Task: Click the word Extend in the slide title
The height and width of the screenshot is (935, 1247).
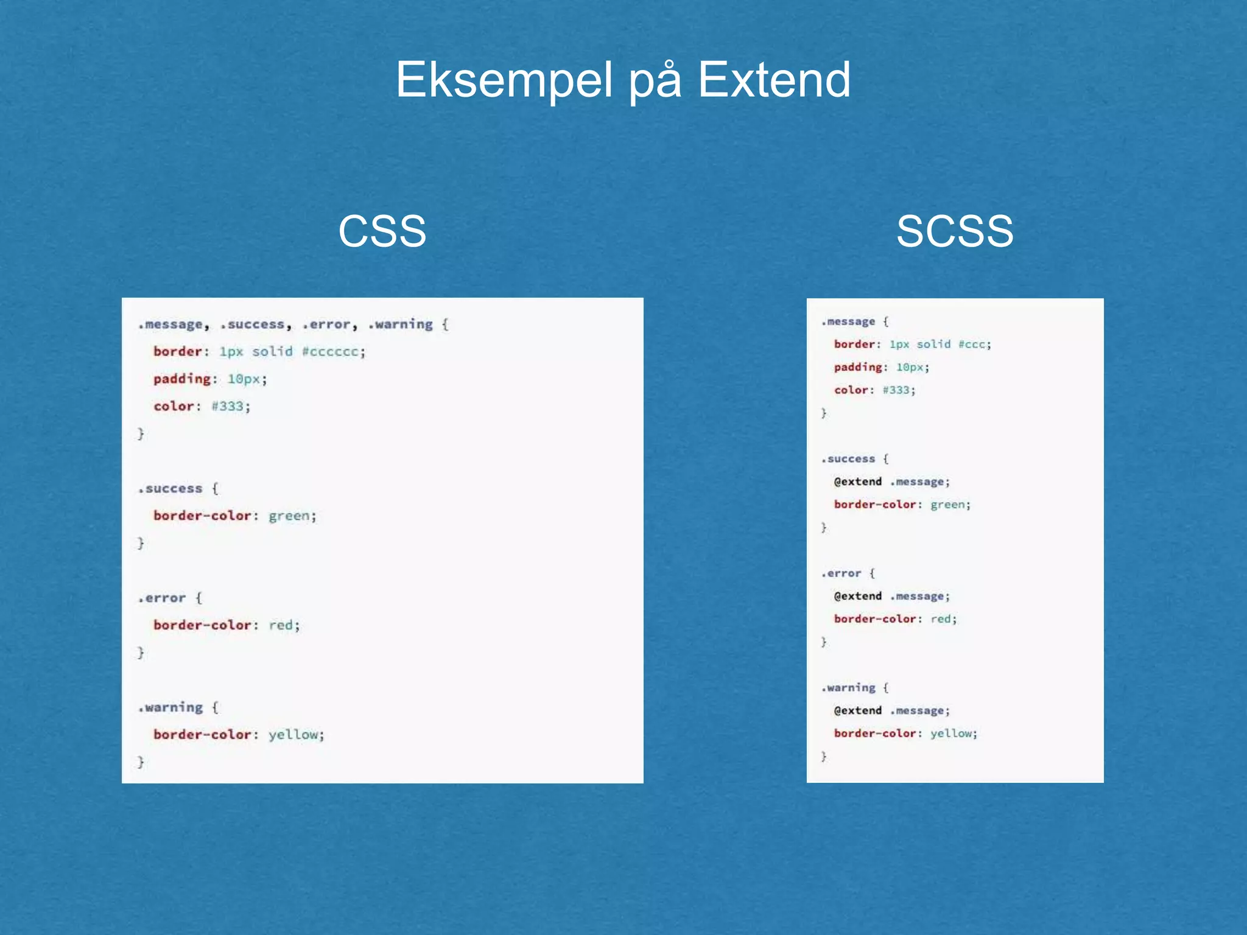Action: [774, 80]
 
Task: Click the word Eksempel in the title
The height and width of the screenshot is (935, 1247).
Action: [504, 80]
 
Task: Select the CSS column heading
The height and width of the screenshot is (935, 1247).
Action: [382, 231]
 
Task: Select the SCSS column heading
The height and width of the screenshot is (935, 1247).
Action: [955, 231]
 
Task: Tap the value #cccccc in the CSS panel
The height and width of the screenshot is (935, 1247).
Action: [333, 352]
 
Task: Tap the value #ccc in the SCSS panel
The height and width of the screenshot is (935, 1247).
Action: [974, 345]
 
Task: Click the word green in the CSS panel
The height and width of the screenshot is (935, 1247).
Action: [290, 516]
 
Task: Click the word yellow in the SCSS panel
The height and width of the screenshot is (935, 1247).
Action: [952, 734]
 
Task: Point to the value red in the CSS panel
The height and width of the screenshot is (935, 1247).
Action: [282, 625]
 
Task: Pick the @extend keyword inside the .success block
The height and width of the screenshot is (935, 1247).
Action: [858, 482]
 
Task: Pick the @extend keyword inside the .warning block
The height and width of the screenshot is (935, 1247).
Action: [858, 710]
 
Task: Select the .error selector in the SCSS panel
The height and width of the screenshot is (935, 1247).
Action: [841, 573]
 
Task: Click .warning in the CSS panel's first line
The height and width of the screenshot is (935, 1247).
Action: [401, 324]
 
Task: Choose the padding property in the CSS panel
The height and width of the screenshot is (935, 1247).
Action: [181, 379]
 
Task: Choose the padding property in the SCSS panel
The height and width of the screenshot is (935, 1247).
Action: [858, 367]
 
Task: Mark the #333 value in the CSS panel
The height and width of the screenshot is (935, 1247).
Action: [228, 406]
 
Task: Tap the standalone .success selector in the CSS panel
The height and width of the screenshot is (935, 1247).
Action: [170, 489]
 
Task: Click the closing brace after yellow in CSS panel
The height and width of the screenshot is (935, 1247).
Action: [141, 762]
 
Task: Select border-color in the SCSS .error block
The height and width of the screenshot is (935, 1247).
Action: [875, 619]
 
